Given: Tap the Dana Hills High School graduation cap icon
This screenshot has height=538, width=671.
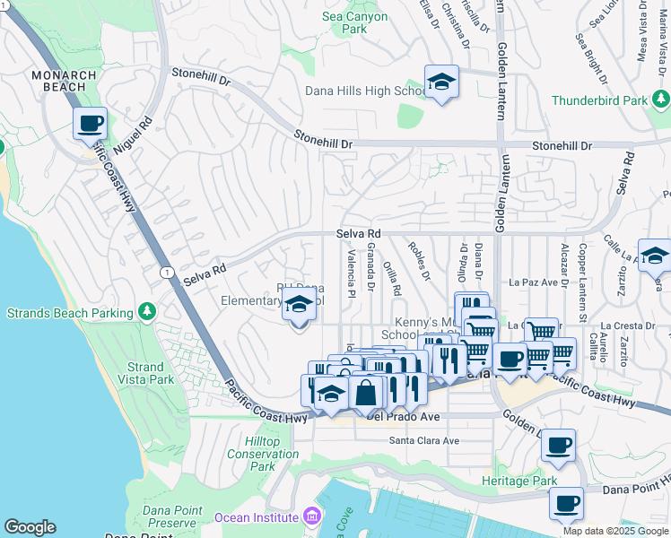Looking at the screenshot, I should pyautogui.click(x=441, y=83).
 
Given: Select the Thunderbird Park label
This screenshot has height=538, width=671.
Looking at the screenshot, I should pyautogui.click(x=599, y=100).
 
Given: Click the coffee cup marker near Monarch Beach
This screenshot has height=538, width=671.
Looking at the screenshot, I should pyautogui.click(x=90, y=123).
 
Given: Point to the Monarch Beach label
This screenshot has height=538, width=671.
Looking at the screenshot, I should pyautogui.click(x=58, y=81).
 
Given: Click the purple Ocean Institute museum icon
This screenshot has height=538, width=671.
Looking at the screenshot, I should pyautogui.click(x=311, y=516).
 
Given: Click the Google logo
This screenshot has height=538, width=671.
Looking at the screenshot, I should pyautogui.click(x=30, y=527).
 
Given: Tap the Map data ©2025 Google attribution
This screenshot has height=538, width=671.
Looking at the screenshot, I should pyautogui.click(x=615, y=531).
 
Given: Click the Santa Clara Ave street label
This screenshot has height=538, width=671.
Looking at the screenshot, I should pyautogui.click(x=424, y=440).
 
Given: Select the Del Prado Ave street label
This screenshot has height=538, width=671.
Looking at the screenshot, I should pyautogui.click(x=403, y=417).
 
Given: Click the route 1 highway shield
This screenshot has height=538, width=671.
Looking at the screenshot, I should pyautogui.click(x=166, y=271).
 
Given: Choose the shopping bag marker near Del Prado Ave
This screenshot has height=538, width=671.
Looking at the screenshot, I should pyautogui.click(x=366, y=392).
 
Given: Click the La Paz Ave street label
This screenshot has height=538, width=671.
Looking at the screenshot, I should pyautogui.click(x=533, y=282).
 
